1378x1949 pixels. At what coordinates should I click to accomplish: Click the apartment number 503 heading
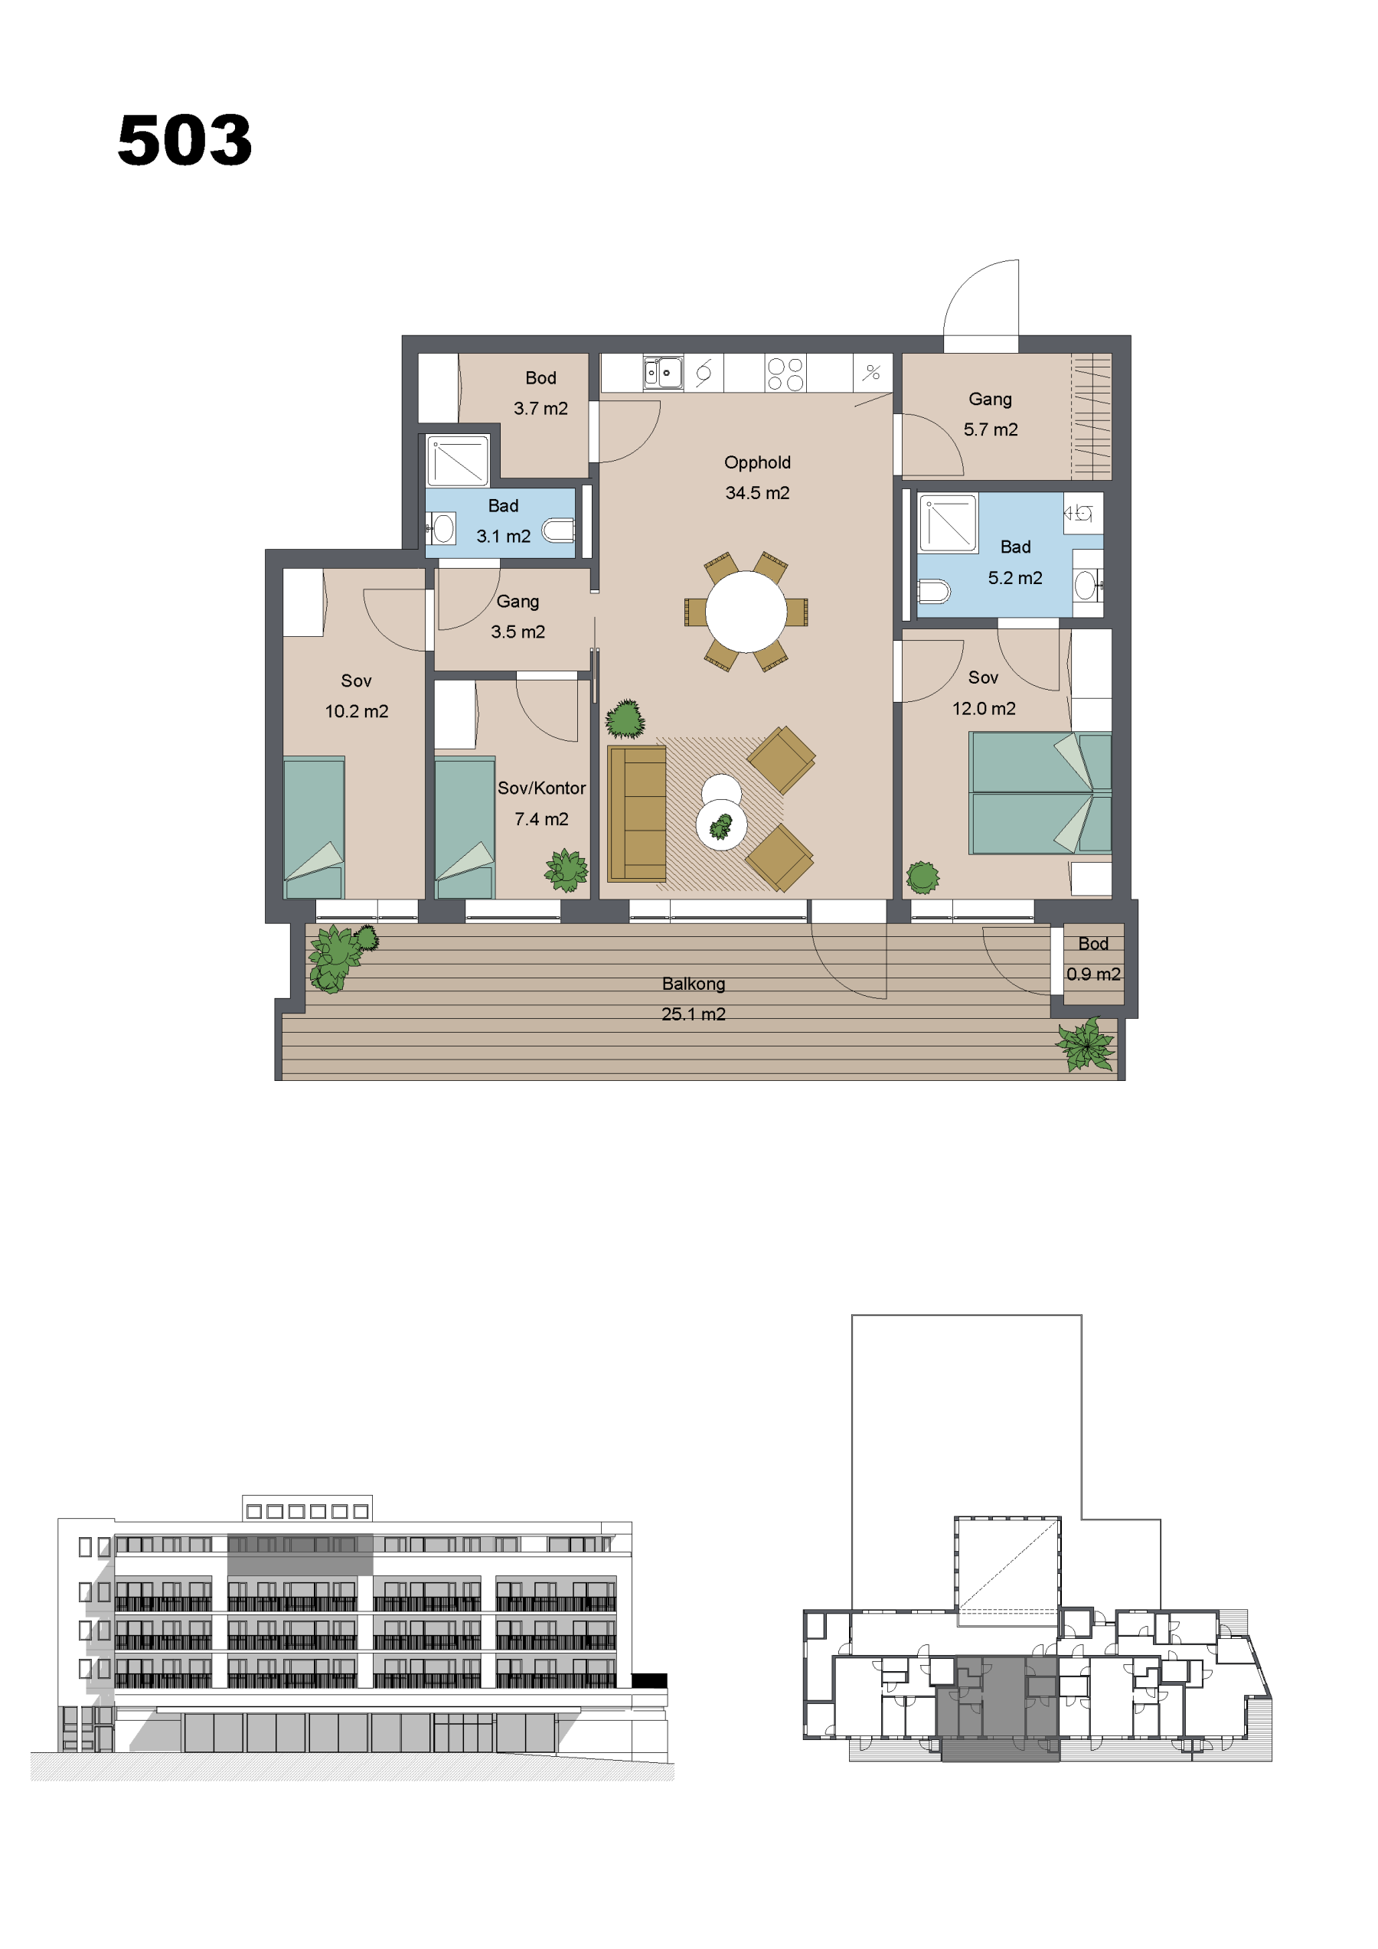click(x=184, y=139)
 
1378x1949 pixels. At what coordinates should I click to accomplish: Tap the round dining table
click(x=746, y=611)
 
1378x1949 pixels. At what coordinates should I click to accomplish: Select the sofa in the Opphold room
click(x=637, y=814)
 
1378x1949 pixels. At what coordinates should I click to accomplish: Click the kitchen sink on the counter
click(x=662, y=372)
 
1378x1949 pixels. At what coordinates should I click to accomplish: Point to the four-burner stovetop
click(x=785, y=374)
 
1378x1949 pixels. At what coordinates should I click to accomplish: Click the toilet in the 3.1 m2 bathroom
click(x=559, y=531)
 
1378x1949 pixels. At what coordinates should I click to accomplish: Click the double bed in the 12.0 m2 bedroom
click(x=1040, y=793)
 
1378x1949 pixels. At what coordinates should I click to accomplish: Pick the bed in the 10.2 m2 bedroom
click(x=313, y=827)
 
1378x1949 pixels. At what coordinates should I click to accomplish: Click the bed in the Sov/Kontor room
click(x=465, y=827)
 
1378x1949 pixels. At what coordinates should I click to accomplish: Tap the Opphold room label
click(x=757, y=462)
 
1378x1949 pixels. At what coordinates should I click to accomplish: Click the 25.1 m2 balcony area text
click(x=694, y=1014)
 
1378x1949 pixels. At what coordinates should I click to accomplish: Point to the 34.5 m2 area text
click(x=757, y=493)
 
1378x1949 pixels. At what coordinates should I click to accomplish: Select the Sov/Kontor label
click(x=542, y=788)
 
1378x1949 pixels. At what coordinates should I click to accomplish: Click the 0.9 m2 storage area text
click(x=1093, y=974)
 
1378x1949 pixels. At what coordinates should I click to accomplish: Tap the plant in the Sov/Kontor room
click(x=567, y=870)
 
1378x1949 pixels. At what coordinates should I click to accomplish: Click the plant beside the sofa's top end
click(x=625, y=719)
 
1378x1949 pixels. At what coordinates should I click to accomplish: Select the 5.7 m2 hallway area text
click(x=991, y=429)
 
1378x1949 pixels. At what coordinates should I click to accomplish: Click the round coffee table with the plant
click(x=722, y=824)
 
